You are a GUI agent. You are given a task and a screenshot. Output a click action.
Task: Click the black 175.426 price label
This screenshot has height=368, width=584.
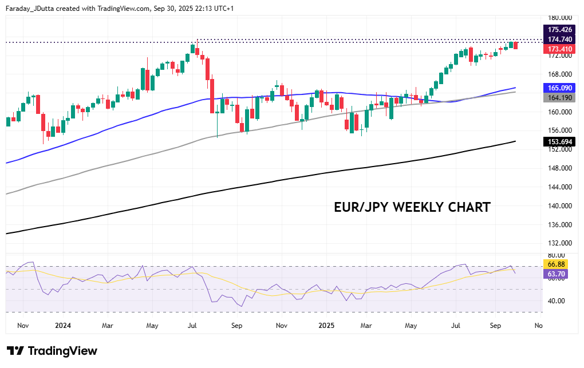[x=560, y=29]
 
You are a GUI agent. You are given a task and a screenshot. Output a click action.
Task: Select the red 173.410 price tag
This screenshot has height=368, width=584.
[x=560, y=49]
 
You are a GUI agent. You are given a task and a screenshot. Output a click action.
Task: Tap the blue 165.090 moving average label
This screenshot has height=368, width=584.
[x=560, y=88]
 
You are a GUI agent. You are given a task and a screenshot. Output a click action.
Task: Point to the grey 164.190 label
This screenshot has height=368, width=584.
[x=560, y=98]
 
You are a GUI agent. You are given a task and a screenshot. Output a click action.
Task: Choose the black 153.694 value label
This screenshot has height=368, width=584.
[x=560, y=141]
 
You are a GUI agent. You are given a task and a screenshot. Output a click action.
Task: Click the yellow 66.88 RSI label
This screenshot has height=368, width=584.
[x=557, y=264]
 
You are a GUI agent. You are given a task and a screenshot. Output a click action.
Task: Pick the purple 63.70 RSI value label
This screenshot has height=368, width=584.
[x=557, y=274]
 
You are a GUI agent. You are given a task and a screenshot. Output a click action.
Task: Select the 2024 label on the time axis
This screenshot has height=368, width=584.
[x=63, y=326]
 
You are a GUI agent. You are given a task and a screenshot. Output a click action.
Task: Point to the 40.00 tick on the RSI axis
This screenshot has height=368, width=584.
[x=556, y=301]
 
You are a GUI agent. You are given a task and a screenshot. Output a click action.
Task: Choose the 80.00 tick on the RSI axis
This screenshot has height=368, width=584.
[x=556, y=255]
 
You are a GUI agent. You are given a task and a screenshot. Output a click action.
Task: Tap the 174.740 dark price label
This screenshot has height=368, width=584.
[x=560, y=39]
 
